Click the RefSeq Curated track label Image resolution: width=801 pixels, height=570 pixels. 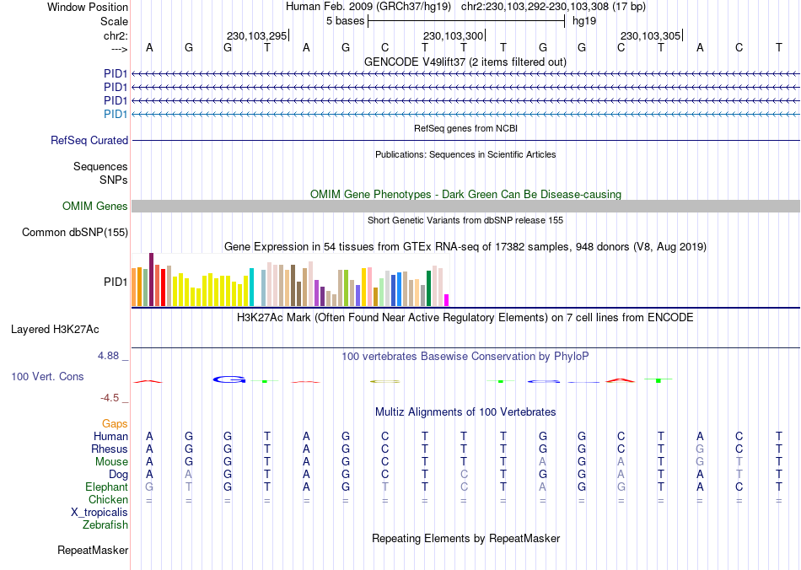[x=89, y=141]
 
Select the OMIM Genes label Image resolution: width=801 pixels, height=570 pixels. [x=95, y=207]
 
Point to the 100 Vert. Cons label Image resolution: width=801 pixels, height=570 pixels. [x=47, y=376]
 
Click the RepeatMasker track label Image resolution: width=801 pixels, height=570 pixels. [x=93, y=551]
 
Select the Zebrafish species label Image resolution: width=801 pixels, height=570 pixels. [x=105, y=525]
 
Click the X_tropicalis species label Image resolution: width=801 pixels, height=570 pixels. [x=99, y=513]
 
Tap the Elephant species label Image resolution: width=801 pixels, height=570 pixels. [x=106, y=487]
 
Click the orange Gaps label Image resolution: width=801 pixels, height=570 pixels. [x=115, y=423]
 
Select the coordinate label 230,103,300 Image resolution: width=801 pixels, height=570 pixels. [x=454, y=35]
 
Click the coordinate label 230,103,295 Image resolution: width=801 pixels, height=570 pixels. [x=257, y=35]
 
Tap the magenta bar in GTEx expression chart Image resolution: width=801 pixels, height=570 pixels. [x=447, y=299]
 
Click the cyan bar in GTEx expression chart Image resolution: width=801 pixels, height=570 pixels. [x=251, y=287]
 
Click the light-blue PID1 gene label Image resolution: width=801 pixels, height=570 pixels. [x=116, y=114]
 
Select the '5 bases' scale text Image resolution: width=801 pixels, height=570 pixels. [x=345, y=20]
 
